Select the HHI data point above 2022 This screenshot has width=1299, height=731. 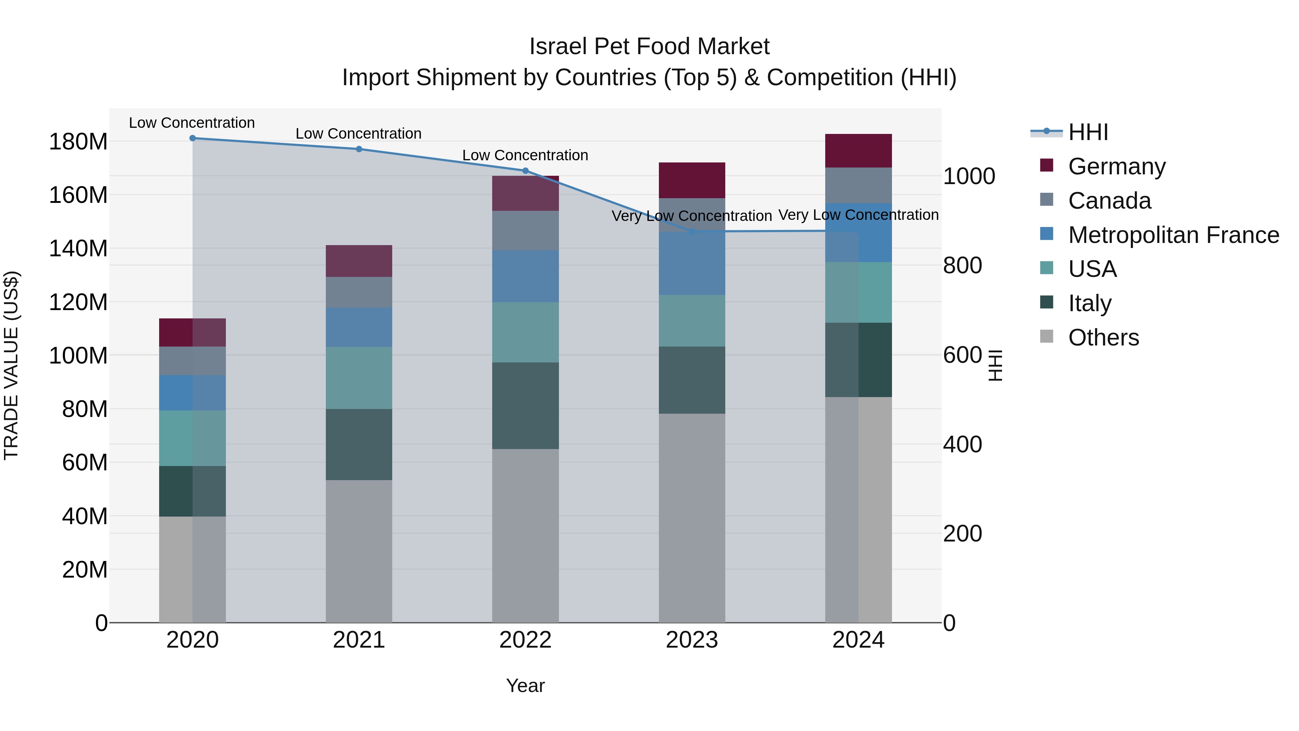[x=525, y=170]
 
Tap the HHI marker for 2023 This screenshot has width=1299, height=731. [x=692, y=231]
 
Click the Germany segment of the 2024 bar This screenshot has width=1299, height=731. [x=858, y=150]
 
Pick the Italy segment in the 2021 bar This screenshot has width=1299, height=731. [x=359, y=444]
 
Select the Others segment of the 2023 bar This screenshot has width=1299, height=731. [x=692, y=518]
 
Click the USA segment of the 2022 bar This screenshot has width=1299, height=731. [x=525, y=332]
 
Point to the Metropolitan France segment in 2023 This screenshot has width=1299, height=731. [x=692, y=264]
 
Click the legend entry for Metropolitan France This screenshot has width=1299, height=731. [x=1173, y=235]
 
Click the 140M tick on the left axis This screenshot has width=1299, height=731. [x=78, y=249]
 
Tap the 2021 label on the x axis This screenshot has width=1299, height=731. [x=359, y=640]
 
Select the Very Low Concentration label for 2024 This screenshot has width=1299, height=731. [x=858, y=215]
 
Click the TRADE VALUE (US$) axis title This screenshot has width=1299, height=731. [x=11, y=365]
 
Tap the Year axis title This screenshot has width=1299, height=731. [x=525, y=686]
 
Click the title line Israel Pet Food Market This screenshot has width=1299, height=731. [x=649, y=47]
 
